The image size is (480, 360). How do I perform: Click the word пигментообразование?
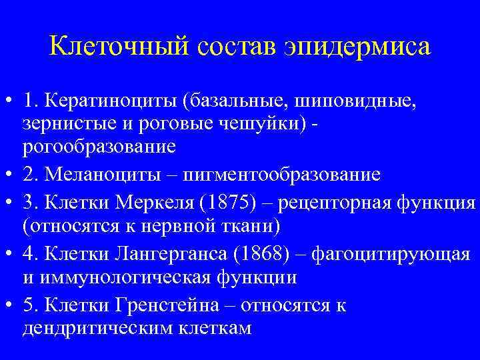pos(286,175)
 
